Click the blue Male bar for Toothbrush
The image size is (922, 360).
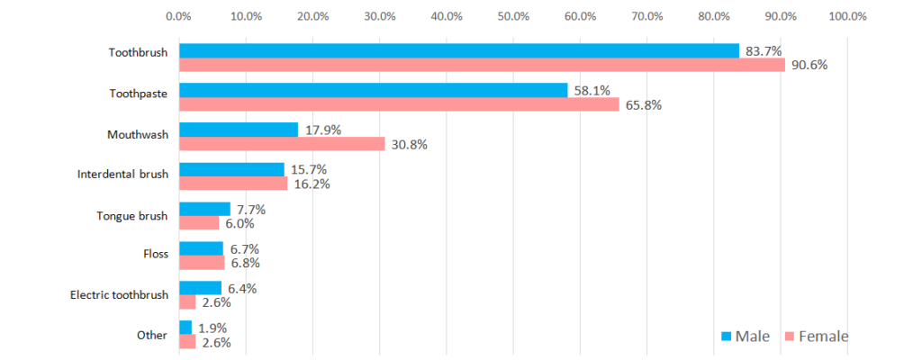(x=458, y=51)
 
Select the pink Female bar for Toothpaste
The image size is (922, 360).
(x=399, y=104)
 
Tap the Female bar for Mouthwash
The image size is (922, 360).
(x=282, y=144)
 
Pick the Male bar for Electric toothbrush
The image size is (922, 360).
(x=201, y=288)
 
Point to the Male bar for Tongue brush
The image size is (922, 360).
(x=204, y=209)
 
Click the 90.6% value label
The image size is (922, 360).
(x=809, y=66)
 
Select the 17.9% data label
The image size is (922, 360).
(x=323, y=130)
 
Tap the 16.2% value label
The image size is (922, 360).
(x=312, y=184)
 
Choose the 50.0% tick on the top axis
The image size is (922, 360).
(x=513, y=16)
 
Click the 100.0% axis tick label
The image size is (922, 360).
(x=847, y=16)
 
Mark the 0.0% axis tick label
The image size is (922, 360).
(x=179, y=16)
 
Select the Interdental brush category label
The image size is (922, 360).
(x=122, y=175)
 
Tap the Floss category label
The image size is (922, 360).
(x=156, y=254)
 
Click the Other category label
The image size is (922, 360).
(x=152, y=336)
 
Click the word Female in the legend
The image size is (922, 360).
(x=823, y=337)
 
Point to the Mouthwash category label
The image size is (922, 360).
(x=138, y=135)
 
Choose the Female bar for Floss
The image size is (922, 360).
(x=202, y=263)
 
